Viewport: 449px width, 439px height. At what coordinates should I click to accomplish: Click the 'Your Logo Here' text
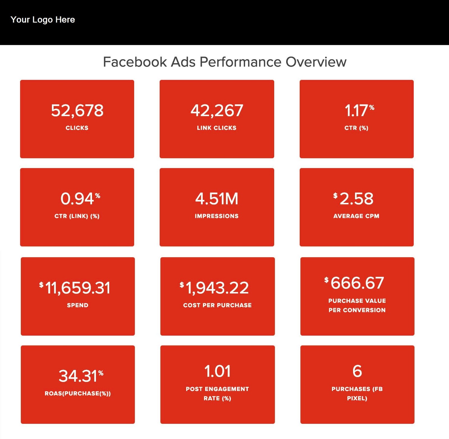43,20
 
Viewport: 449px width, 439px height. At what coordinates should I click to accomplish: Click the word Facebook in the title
135,62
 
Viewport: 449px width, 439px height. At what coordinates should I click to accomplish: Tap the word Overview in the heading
316,62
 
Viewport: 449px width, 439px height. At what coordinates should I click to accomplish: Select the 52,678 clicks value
77,110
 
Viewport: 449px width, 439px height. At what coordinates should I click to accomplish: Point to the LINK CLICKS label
217,128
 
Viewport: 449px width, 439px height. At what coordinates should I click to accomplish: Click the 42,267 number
217,110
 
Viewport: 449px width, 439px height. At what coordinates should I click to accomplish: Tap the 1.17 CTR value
356,110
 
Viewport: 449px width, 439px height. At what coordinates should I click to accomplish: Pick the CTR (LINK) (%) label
77,216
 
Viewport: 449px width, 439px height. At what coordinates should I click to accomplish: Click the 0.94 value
77,199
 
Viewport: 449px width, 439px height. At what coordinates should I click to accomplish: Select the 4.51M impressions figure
217,199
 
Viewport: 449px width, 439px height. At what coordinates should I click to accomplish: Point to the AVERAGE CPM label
356,216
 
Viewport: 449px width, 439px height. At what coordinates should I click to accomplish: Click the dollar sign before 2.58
335,195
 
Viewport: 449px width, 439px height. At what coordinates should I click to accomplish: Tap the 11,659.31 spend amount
78,288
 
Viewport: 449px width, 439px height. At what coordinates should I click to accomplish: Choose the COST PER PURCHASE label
217,305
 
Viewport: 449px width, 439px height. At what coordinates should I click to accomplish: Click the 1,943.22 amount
217,288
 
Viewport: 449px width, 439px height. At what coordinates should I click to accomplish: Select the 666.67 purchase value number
357,283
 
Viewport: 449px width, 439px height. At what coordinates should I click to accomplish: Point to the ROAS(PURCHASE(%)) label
78,393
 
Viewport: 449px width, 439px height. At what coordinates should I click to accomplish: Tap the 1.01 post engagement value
217,371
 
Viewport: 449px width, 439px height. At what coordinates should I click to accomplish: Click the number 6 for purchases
357,371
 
